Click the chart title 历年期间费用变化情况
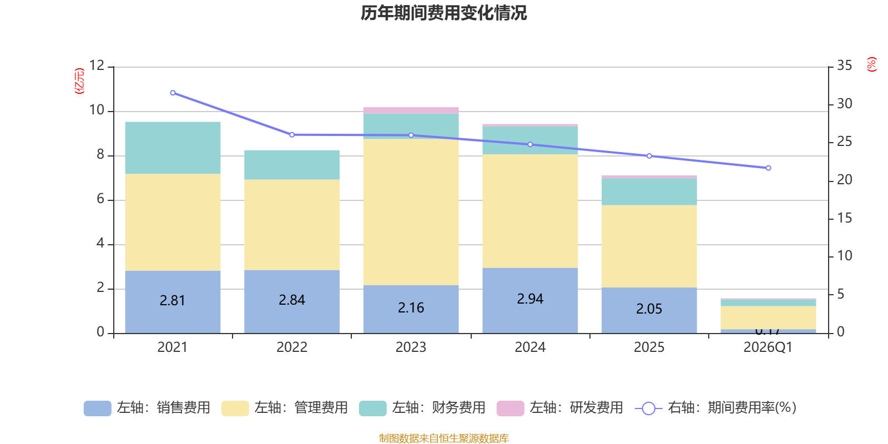click(x=443, y=13)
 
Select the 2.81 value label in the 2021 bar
click(x=172, y=301)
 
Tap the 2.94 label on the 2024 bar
click(x=530, y=299)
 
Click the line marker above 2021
click(x=173, y=93)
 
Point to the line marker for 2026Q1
click(x=768, y=168)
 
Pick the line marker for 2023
click(x=411, y=135)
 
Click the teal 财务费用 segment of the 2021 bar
click(x=173, y=148)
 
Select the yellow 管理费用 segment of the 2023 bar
click(x=411, y=211)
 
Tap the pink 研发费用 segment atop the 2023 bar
click(x=411, y=110)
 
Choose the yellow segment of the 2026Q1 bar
click(x=768, y=317)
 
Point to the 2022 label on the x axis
click(x=291, y=347)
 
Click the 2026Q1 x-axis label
click(x=768, y=347)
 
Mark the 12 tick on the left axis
click(x=97, y=65)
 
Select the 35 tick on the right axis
click(x=844, y=65)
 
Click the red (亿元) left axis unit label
click(x=79, y=81)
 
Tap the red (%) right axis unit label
click(x=871, y=64)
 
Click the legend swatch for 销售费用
click(x=97, y=408)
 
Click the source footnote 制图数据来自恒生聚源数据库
click(x=443, y=438)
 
